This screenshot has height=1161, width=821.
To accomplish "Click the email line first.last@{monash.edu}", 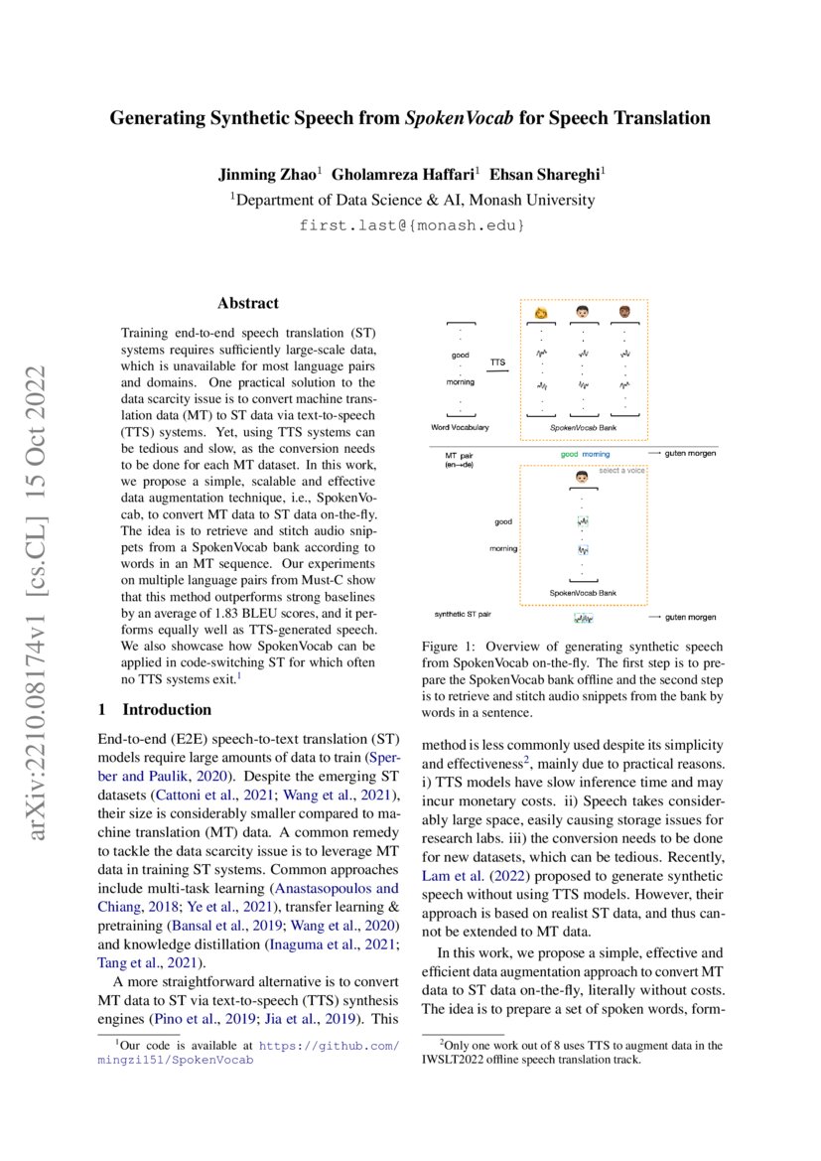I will pos(411,225).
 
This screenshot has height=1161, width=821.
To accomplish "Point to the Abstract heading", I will pos(248,303).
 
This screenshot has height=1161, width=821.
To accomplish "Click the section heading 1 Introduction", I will pos(153,709).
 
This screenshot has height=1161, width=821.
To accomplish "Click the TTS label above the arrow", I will pos(497,363).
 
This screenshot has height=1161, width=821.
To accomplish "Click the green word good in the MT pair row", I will pos(569,454).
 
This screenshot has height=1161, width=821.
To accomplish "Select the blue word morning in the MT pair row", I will pos(597,454).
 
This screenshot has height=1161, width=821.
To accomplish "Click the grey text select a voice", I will pos(622,470).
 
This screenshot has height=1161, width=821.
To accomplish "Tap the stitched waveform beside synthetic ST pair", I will pos(582,618).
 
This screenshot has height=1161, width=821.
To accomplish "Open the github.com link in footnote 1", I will pos(330,1045).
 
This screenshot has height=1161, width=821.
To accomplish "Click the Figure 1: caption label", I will pos(450,647).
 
